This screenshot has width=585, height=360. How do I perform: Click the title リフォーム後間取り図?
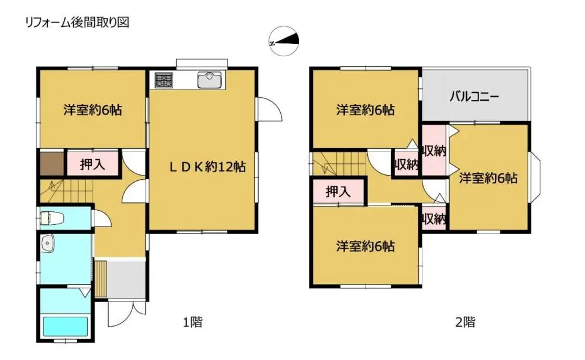point(76,23)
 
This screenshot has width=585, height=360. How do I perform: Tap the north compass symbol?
point(284,42)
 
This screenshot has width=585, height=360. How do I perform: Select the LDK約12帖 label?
point(207,167)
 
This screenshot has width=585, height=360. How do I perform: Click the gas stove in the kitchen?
point(164,80)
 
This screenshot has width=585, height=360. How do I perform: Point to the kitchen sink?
point(209,80)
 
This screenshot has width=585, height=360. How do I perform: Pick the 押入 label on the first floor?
point(92,164)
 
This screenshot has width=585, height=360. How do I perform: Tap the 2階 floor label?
point(465,321)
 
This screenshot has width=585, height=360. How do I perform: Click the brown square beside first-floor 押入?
point(51,164)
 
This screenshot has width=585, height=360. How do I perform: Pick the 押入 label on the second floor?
point(338,191)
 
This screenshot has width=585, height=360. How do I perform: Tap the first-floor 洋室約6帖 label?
point(92,109)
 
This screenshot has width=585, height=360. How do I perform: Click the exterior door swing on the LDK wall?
point(269,109)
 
